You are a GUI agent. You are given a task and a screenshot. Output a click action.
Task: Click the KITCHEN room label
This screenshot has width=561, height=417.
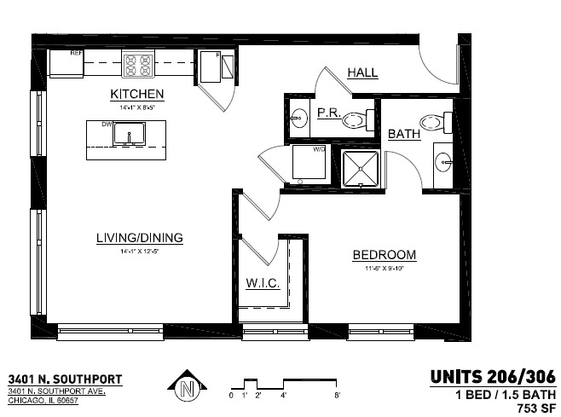pos(136,93)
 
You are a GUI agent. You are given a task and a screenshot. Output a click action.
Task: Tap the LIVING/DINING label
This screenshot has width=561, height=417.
pos(139,238)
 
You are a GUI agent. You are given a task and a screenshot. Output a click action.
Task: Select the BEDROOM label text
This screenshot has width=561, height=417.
pos(385,255)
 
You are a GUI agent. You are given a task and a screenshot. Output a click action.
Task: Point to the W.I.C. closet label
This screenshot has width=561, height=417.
pos(263,283)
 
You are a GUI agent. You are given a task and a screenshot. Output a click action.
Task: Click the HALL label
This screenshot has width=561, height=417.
pos(362,73)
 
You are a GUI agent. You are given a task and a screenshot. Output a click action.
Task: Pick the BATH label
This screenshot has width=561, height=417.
pos(403,135)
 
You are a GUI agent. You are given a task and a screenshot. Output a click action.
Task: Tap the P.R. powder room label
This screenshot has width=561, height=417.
pos(329,113)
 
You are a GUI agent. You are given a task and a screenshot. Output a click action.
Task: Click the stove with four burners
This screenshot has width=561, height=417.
pos(138,62)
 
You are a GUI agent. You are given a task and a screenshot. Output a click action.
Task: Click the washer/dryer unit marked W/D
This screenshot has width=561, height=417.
pos(309,162)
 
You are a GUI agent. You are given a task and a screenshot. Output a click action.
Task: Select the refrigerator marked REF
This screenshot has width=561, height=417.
pos(65,62)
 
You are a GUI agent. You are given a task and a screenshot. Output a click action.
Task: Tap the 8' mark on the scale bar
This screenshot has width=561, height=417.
pos(338,396)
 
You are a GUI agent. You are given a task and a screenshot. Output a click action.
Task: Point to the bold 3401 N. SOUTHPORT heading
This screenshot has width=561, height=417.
pos(65,379)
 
